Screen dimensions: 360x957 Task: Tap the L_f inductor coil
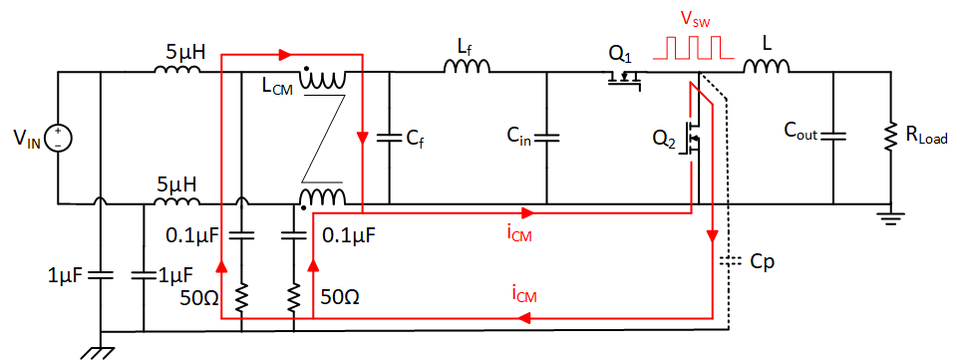468,68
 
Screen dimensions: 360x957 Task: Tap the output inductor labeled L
766,67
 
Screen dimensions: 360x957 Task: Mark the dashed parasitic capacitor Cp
730,263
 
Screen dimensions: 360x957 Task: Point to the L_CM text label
276,89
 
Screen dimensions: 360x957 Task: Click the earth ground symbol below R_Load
886,213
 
